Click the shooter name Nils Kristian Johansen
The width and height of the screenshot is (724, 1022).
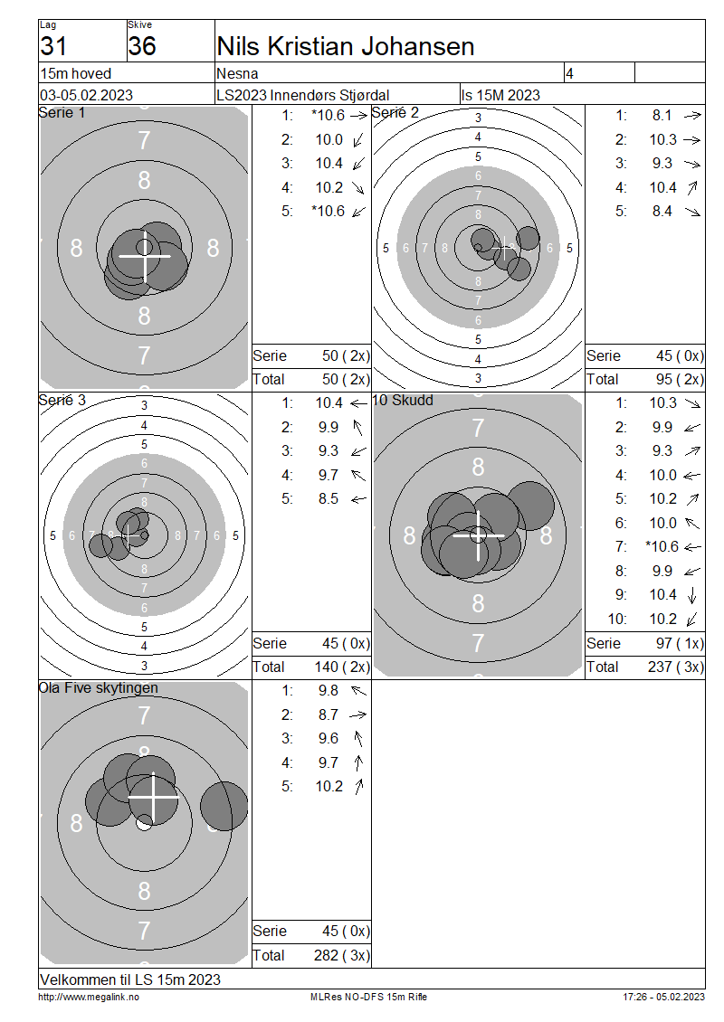tap(345, 46)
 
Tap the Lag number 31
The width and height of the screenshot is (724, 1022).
tap(53, 46)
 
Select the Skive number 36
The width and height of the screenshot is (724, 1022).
tap(141, 46)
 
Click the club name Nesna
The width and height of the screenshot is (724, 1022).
tap(237, 73)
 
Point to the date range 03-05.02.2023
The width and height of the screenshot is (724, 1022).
tap(86, 95)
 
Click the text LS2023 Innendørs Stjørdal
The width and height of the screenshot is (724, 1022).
tap(302, 95)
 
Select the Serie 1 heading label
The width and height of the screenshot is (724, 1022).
tap(62, 113)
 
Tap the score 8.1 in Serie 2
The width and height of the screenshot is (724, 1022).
tap(662, 116)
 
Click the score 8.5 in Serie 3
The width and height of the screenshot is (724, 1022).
tap(329, 499)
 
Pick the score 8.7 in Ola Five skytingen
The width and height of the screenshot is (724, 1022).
tap(329, 715)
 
